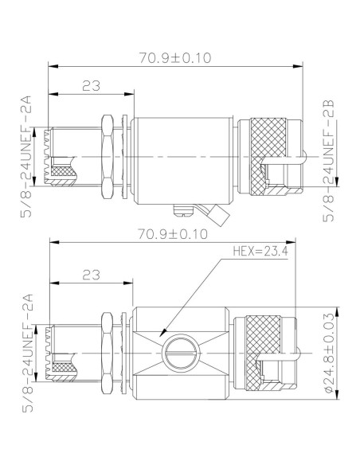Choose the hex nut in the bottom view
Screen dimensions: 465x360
(108, 350)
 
